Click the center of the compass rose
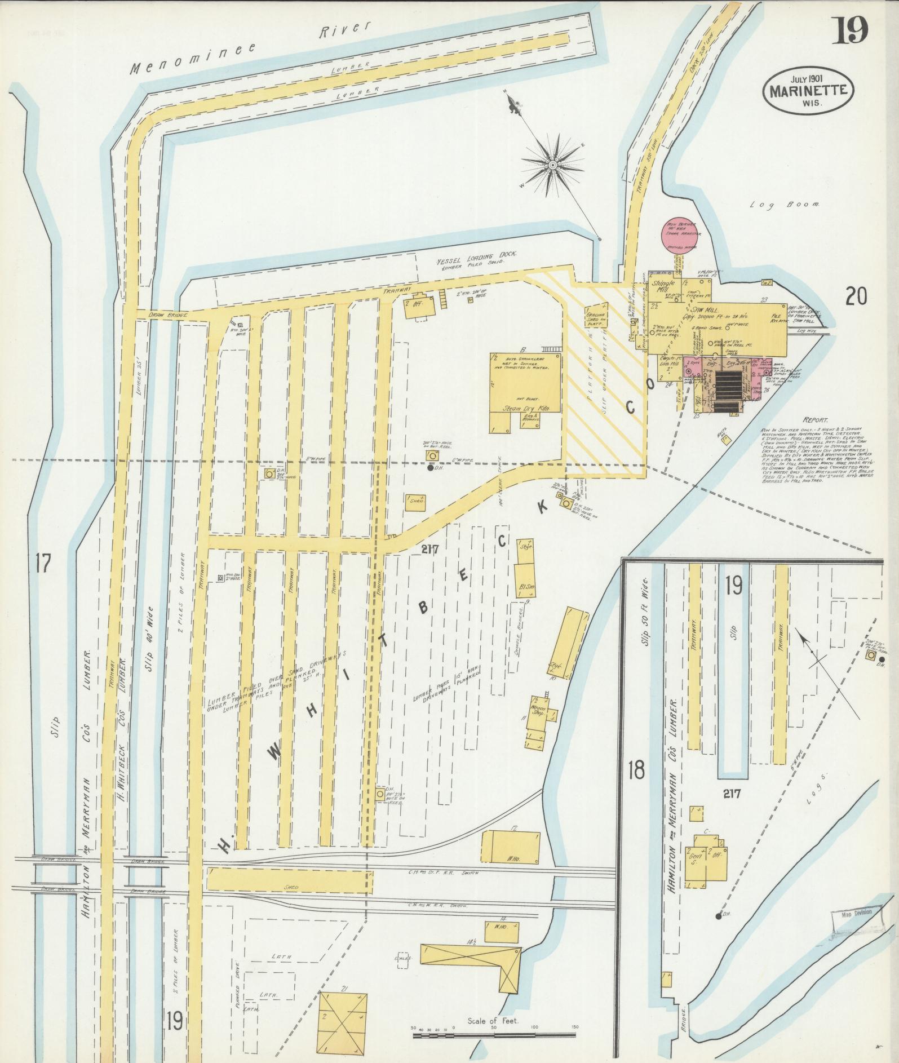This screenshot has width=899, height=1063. tap(552, 164)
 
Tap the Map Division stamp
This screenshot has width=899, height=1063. tap(854, 913)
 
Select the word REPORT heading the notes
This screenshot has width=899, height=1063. tap(815, 420)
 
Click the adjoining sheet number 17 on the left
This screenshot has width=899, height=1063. tap(43, 562)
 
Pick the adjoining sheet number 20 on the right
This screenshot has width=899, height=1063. tap(856, 296)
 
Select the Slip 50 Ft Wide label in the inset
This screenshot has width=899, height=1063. tap(646, 613)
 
